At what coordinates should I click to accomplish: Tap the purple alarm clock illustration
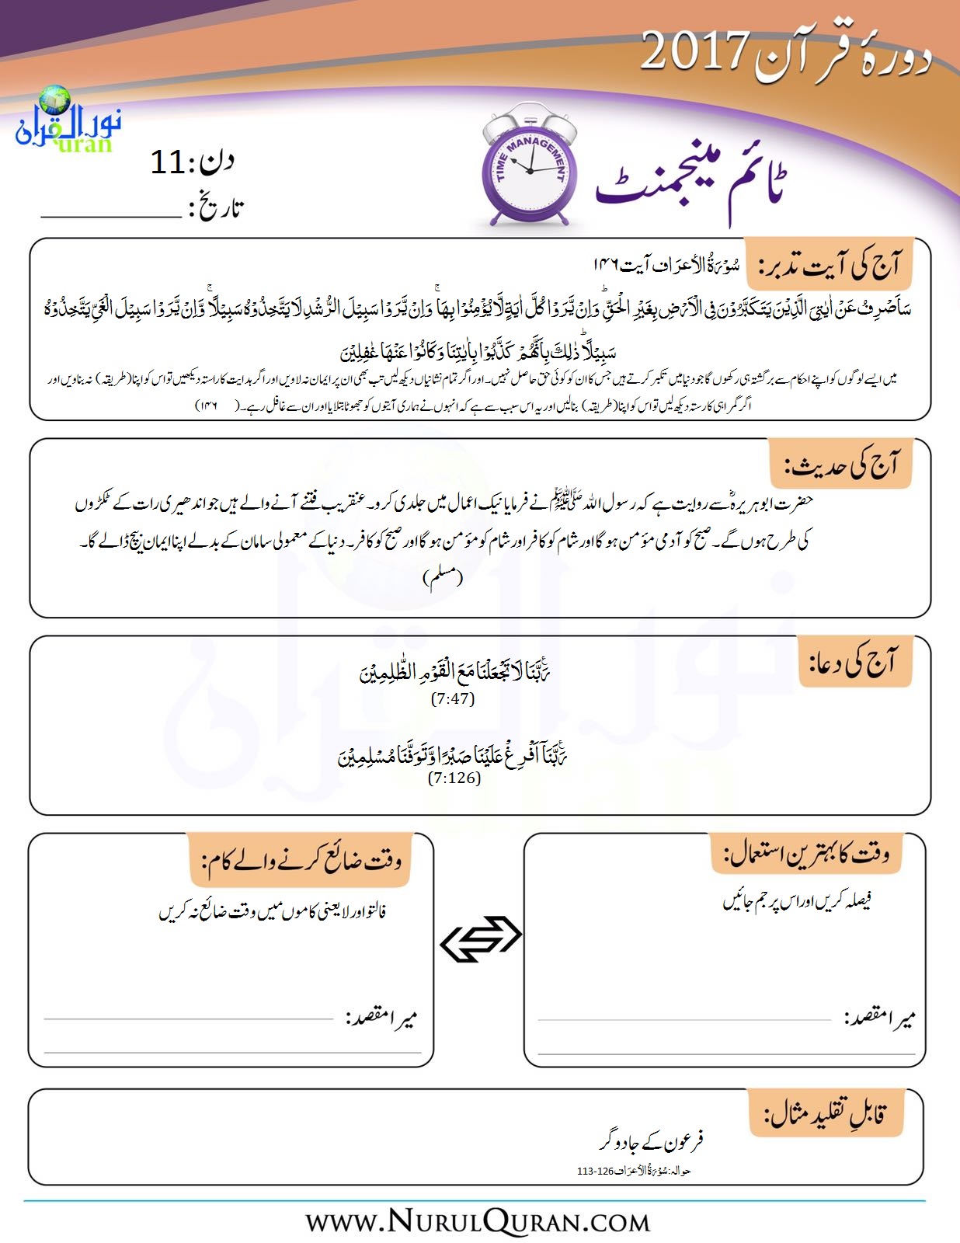(x=526, y=168)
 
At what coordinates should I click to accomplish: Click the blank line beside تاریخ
(x=110, y=216)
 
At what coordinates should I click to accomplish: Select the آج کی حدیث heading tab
(x=840, y=465)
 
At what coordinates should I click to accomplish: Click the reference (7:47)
(x=453, y=698)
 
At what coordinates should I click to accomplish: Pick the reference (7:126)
(x=454, y=778)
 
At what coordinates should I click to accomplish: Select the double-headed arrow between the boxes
(x=480, y=938)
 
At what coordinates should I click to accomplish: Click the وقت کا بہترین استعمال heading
(x=806, y=854)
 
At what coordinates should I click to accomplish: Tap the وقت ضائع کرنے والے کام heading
(x=301, y=861)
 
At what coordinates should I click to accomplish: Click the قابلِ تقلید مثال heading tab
(x=826, y=1115)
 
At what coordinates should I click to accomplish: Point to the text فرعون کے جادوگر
(x=652, y=1141)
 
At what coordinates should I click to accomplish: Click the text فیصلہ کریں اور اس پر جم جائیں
(x=796, y=901)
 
